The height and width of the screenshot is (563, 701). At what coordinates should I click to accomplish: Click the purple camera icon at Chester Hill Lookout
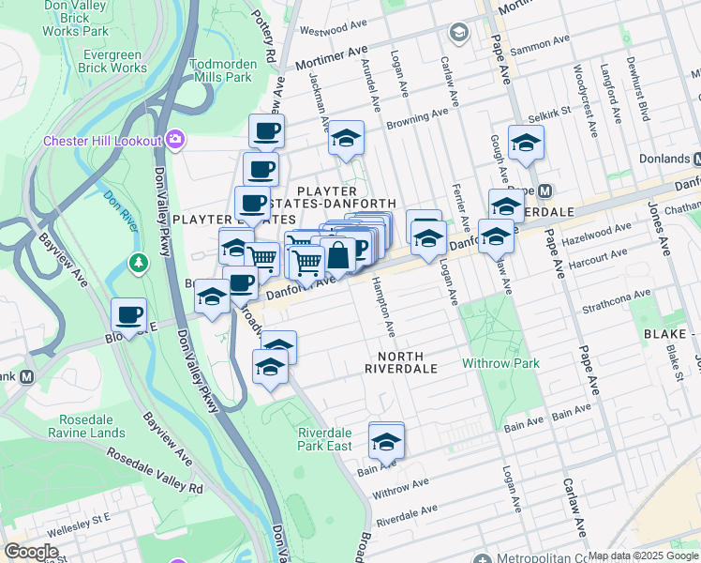click(175, 141)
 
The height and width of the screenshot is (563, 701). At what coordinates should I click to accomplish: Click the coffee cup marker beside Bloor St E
click(128, 314)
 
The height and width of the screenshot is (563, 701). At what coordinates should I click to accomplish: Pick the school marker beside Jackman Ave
click(346, 139)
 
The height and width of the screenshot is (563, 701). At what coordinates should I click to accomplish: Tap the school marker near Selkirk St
click(526, 144)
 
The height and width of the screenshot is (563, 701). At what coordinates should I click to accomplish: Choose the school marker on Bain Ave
click(386, 439)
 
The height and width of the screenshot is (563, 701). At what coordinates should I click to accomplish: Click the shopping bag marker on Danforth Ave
click(337, 254)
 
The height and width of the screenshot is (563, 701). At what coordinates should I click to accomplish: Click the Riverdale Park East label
click(324, 439)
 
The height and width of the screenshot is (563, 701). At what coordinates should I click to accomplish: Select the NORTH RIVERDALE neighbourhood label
click(401, 362)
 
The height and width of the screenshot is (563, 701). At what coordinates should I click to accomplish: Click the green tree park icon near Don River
click(139, 262)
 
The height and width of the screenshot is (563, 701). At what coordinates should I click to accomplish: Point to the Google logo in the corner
click(32, 552)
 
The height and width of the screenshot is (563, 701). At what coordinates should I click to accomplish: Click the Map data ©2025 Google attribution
click(644, 555)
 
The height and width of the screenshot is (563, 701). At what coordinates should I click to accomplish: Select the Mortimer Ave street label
click(331, 59)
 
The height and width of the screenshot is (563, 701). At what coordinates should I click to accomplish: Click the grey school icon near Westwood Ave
click(458, 35)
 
